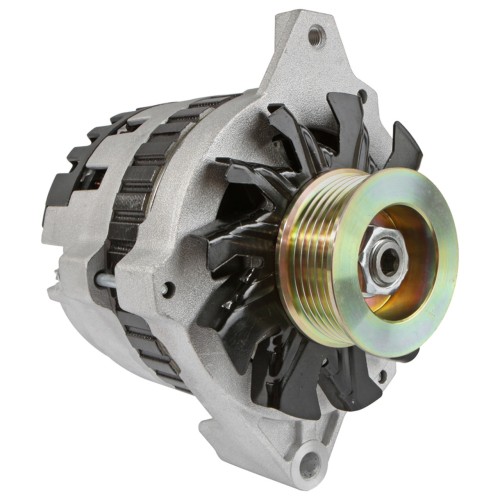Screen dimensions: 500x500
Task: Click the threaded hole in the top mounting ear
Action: tap(316, 37)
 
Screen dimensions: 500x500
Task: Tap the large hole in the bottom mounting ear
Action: tap(311, 463)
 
